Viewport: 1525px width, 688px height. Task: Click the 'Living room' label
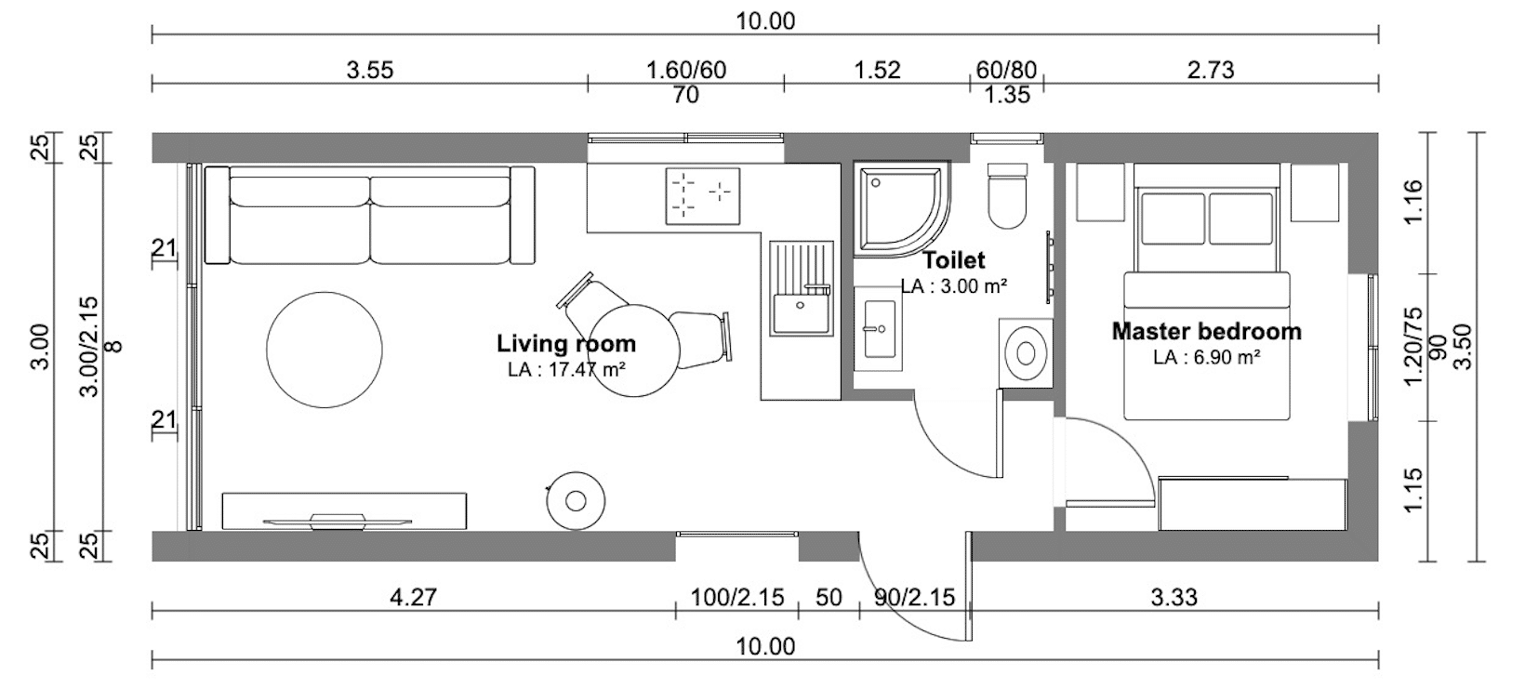pos(566,344)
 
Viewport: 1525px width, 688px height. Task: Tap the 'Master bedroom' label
pos(1206,331)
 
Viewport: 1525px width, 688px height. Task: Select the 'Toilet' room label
pos(953,260)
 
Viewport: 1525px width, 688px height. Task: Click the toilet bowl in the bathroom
pos(1007,194)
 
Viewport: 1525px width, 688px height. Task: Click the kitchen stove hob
pos(703,196)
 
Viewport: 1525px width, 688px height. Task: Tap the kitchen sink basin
pos(802,313)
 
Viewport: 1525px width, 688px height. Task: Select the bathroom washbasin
pos(878,329)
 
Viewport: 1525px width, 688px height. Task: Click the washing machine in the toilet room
pos(1026,353)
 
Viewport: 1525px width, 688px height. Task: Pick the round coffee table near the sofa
pos(324,350)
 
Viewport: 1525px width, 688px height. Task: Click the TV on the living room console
pos(337,522)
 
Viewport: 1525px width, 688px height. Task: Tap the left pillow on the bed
pos(1173,219)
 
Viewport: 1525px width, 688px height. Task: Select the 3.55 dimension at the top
pos(370,70)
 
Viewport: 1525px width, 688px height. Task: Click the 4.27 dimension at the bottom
pos(413,598)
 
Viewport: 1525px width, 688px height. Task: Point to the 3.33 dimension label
pos(1174,598)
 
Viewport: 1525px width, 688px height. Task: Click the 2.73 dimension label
pos(1211,70)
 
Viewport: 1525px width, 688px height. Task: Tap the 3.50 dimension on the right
pos(1463,347)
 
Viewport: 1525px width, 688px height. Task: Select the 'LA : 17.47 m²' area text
pos(566,369)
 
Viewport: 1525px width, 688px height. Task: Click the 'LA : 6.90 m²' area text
pos(1206,357)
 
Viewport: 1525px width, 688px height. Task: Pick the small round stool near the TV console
pos(576,501)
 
